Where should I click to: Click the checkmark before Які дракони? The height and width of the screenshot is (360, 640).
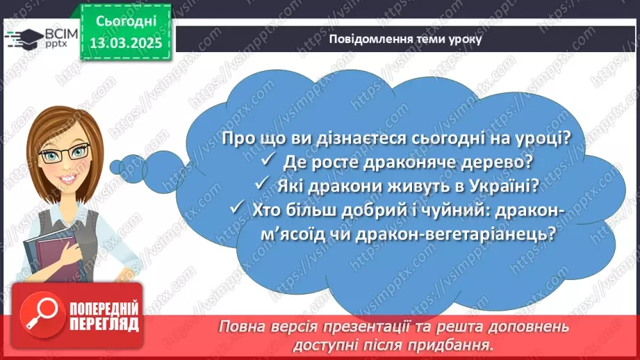[261, 186]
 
